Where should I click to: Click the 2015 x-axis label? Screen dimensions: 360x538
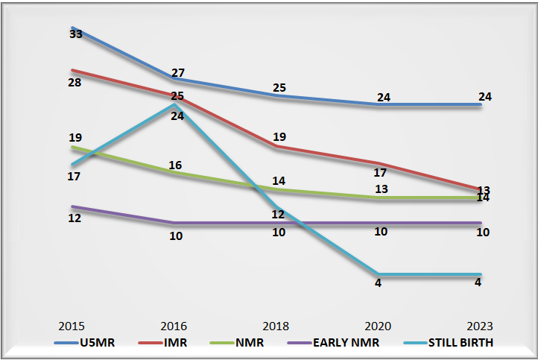(72, 326)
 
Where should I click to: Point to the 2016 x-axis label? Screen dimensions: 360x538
(174, 326)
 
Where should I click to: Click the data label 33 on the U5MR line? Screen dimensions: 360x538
(75, 34)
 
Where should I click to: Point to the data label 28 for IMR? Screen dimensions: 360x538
(74, 81)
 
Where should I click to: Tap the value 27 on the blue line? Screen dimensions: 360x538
(177, 73)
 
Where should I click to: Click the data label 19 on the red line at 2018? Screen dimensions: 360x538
(279, 136)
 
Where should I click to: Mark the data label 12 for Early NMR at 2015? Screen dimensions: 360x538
(74, 218)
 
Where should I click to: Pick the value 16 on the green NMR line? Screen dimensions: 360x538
(176, 165)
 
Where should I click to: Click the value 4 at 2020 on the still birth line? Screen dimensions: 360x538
(379, 283)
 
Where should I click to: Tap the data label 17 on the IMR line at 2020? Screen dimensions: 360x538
(380, 173)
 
